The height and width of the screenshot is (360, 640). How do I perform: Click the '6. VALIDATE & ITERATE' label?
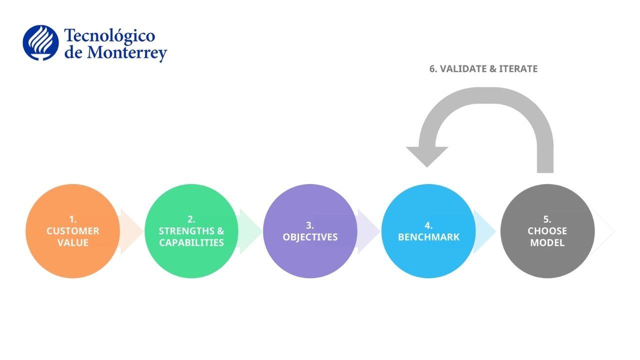click(483, 69)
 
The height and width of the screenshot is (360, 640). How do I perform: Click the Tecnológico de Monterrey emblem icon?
click(40, 43)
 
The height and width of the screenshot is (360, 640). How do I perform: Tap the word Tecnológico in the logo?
click(109, 36)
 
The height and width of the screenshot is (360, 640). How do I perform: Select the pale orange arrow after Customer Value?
click(131, 231)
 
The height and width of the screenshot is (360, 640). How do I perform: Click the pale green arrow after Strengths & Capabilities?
click(250, 231)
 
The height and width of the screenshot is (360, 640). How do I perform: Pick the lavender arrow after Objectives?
click(368, 231)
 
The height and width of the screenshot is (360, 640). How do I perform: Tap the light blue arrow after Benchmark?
click(484, 231)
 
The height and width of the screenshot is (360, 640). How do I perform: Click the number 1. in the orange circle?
click(72, 219)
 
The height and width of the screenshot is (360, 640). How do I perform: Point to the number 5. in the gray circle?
click(547, 219)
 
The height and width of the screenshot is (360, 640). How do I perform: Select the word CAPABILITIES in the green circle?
click(191, 243)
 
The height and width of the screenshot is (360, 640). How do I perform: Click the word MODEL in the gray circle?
click(547, 243)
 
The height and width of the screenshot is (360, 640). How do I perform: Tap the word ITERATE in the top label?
click(518, 69)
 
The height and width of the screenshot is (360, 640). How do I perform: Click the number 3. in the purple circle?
click(309, 225)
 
